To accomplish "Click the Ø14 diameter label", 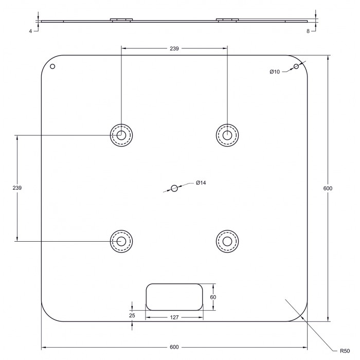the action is click(x=201, y=183).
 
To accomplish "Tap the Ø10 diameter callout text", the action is click(x=275, y=72).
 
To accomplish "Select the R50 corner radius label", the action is click(x=345, y=351).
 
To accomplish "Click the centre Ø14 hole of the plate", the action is click(x=174, y=188).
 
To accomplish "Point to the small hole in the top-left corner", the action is click(x=52, y=66).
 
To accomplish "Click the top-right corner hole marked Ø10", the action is click(x=296, y=66).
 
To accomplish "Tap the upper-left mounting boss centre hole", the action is click(x=121, y=135).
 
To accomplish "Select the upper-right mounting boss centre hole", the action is click(x=227, y=135).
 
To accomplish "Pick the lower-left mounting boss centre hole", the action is click(x=121, y=241).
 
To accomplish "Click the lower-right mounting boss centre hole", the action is click(x=227, y=241).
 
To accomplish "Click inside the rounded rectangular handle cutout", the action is click(x=174, y=297).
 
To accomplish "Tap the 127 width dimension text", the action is click(x=174, y=317).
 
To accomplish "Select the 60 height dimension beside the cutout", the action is click(x=213, y=297).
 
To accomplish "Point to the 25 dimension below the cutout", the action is click(x=132, y=315).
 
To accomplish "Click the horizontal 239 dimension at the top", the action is click(x=174, y=48).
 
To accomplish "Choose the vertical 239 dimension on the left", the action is click(x=17, y=188).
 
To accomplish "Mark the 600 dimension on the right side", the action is click(x=328, y=188).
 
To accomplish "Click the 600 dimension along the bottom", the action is click(x=174, y=347).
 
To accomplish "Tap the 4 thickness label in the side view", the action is click(x=30, y=31).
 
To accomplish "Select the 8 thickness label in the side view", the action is click(x=308, y=31).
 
